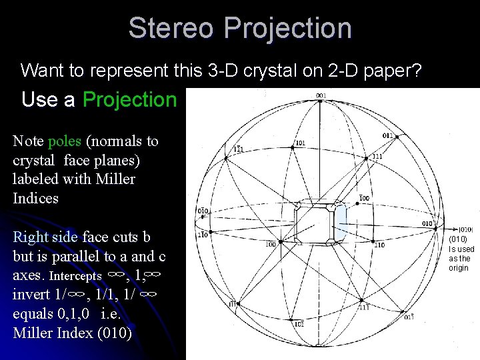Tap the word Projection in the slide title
click(288, 28)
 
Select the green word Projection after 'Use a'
click(129, 99)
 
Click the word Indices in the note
click(35, 198)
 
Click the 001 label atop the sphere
click(321, 95)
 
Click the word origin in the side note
click(459, 268)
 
